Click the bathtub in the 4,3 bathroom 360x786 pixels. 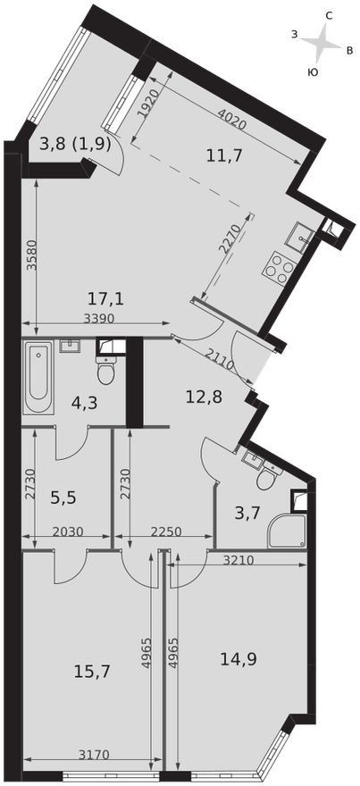click(38, 377)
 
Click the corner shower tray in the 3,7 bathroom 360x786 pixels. click(287, 531)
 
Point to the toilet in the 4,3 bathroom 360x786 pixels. click(106, 370)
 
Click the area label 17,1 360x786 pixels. click(105, 300)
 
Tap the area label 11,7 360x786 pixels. click(224, 155)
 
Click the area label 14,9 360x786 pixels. click(239, 658)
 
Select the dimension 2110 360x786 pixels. click(220, 357)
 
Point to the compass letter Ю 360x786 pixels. click(312, 72)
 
